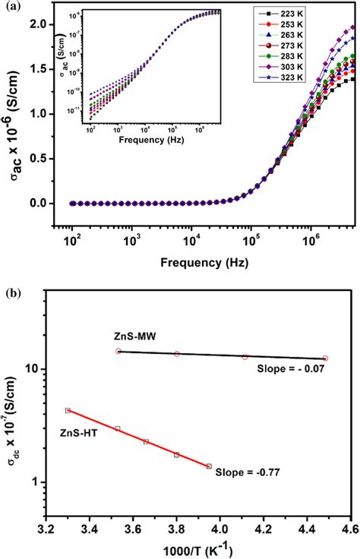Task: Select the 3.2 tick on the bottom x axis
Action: click(x=46, y=525)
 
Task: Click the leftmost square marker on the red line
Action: click(x=68, y=410)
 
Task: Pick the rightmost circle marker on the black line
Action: click(x=325, y=358)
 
